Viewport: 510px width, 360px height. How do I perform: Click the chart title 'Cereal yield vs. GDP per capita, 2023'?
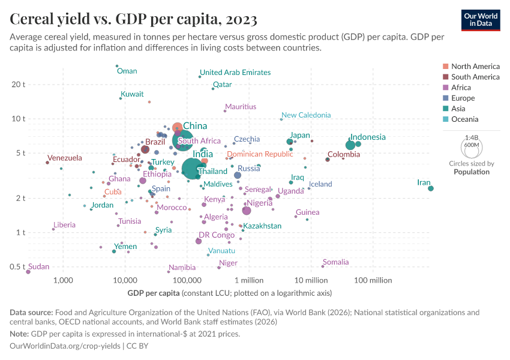(134, 19)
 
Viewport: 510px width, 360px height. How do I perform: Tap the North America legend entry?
(475, 66)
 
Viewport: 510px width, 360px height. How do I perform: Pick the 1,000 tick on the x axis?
(62, 280)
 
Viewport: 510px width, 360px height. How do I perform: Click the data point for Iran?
(431, 188)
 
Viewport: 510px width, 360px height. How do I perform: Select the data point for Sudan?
(28, 272)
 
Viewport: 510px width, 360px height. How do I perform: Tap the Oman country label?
(127, 71)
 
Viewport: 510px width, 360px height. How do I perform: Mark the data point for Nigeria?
(247, 211)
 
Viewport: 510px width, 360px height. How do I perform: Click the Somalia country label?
(335, 262)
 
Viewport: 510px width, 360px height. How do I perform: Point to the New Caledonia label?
(306, 115)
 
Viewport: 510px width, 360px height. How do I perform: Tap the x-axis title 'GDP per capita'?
(154, 293)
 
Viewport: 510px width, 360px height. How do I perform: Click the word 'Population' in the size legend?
(471, 172)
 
